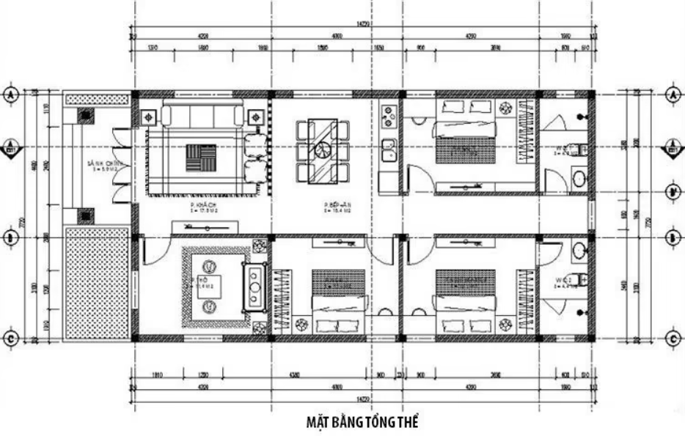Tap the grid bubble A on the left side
[x=11, y=95]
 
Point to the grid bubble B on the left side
[x=11, y=238]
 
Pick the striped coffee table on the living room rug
[x=201, y=157]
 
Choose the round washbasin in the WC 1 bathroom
[x=579, y=178]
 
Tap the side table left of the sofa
[x=147, y=117]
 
